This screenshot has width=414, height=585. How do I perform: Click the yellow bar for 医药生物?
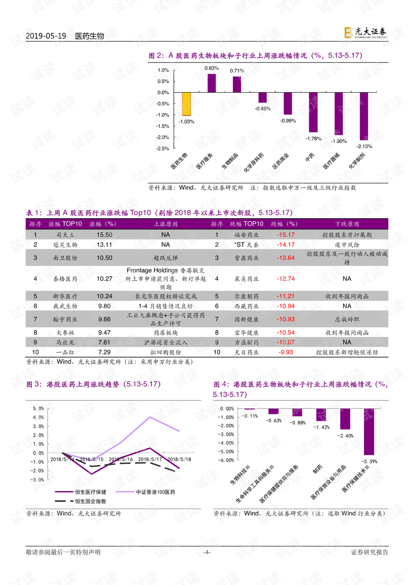point(186,104)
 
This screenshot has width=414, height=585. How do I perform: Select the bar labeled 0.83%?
point(211,83)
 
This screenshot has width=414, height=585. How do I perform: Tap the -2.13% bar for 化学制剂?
point(364,116)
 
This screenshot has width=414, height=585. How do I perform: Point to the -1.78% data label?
point(314,138)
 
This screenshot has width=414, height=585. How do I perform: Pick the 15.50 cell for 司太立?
point(104,235)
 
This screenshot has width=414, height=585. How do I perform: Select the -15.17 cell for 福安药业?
point(285,235)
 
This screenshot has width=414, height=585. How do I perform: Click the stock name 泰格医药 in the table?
point(65,279)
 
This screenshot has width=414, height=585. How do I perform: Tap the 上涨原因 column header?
point(166,224)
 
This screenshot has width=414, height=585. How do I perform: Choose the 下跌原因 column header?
point(347,224)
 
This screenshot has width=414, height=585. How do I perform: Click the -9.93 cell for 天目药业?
point(285,352)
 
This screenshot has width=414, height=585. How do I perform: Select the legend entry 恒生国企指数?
point(90,501)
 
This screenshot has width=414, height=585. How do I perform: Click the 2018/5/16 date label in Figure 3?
point(121,459)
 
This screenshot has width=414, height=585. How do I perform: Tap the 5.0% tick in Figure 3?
point(38,409)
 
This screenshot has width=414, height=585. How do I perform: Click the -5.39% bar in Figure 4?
point(369,432)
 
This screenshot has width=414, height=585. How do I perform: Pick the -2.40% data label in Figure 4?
point(345,436)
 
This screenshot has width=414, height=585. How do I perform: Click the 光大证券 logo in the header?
point(365,33)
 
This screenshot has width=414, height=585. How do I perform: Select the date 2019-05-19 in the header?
point(46,36)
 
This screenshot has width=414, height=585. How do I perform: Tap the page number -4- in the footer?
point(207,552)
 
